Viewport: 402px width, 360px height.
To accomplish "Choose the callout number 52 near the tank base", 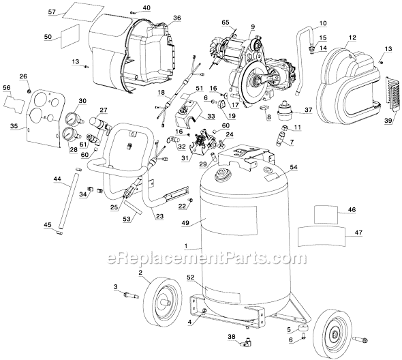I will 190,278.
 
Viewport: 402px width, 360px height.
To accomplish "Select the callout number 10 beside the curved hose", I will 323,24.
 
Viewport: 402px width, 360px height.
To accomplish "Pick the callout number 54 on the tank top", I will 294,167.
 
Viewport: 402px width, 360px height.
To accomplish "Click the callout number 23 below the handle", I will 159,217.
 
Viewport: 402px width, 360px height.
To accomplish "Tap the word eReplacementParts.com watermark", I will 199,258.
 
